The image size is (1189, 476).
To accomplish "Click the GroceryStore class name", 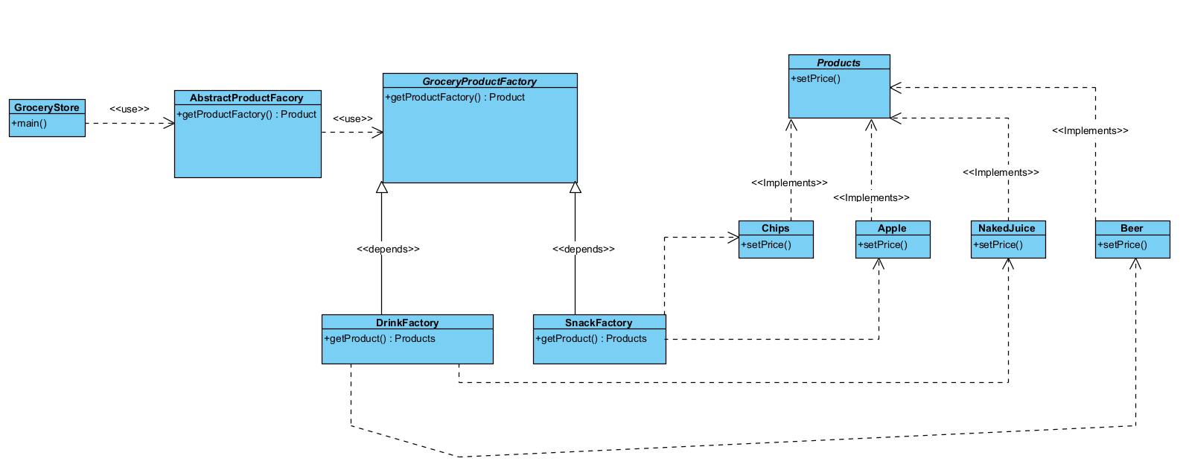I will pos(46,107).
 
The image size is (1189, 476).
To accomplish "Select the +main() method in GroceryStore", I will pos(29,123).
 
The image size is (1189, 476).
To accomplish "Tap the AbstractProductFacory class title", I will pos(246,98).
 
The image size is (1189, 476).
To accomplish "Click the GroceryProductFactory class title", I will pos(479,81).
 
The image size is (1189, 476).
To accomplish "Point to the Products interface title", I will pos(838,63).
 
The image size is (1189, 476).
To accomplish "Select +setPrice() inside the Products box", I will pos(816,78).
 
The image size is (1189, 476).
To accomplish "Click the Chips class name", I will pos(775,228).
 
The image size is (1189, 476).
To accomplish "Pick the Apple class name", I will pos(892,228).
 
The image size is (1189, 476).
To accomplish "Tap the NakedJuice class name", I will pos(1007,228).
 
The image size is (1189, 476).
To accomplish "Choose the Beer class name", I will pos(1132,228).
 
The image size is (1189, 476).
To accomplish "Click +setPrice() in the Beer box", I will pos(1123,244).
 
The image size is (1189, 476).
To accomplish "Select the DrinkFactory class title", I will pos(407,323).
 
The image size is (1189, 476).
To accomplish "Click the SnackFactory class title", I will pos(599,323).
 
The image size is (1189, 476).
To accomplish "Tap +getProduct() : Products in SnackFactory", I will pos(591,338).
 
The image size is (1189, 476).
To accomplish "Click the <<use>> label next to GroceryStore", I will pos(130,109).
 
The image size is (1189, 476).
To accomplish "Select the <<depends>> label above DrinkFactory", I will pos(388,249).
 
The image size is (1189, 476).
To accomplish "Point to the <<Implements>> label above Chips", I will pos(789,183).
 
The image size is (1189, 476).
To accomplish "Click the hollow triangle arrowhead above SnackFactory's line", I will pos(575,188).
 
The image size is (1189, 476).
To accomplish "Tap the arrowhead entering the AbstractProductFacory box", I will pos(169,123).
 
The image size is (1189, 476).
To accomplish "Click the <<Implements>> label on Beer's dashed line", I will pos(1090,130).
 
